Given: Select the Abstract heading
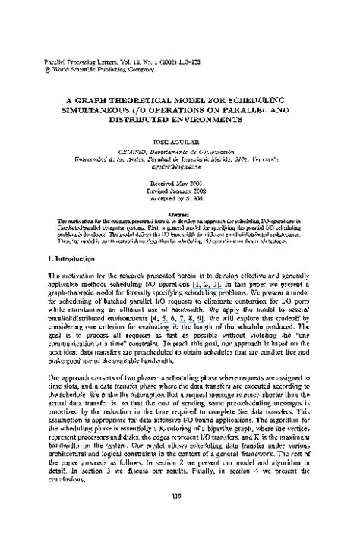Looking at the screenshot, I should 180,214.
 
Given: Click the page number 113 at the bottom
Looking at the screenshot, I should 180,517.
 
